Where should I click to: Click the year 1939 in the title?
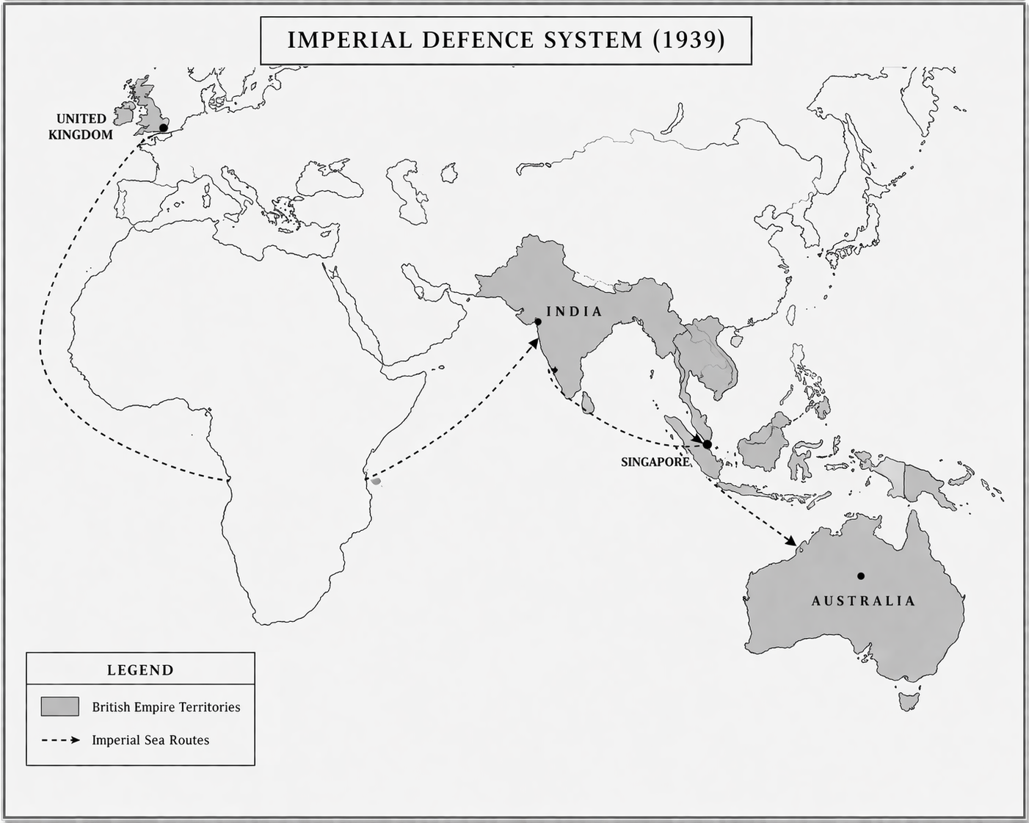point(688,40)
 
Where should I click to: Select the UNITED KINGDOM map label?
point(81,126)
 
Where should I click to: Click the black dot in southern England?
point(163,128)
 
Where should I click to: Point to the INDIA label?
point(574,311)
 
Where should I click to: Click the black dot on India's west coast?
point(538,322)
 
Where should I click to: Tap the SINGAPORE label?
point(655,462)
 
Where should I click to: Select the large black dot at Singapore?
point(707,444)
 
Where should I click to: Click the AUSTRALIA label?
point(863,601)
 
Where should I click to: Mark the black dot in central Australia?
point(860,576)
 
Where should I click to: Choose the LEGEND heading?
point(140,670)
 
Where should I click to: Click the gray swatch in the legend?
point(59,706)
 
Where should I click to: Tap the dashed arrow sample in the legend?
point(60,740)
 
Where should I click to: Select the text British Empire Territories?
point(166,707)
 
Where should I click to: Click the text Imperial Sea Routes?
point(150,740)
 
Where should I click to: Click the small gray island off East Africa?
point(376,482)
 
